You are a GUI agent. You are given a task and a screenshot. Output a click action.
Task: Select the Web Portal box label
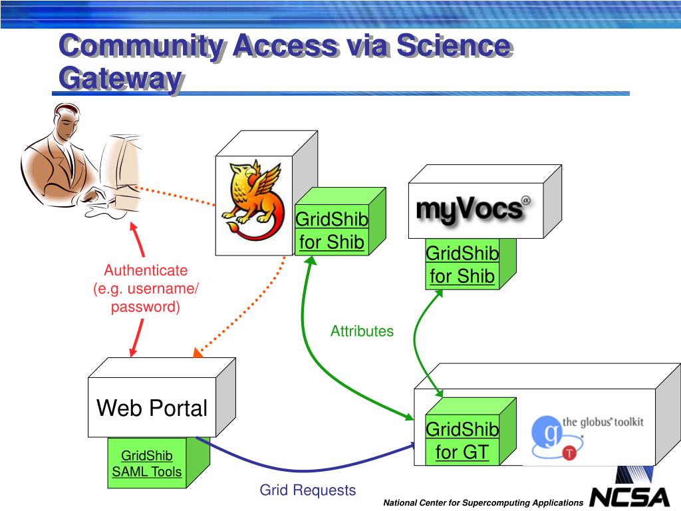[x=152, y=407]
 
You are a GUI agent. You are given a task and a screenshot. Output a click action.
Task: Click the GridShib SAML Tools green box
[x=147, y=464]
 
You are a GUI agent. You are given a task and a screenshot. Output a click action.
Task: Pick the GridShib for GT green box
[x=462, y=440]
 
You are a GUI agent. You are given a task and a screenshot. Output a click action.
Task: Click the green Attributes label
[x=362, y=331]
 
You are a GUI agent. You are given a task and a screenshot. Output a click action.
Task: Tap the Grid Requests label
[x=307, y=490]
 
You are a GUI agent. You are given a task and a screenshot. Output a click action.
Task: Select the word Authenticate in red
[x=146, y=270]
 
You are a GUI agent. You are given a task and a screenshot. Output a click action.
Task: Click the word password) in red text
[x=146, y=307]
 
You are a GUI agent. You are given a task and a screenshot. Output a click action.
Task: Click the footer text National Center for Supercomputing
[x=483, y=502]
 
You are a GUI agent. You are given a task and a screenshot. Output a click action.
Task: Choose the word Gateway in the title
[x=120, y=79]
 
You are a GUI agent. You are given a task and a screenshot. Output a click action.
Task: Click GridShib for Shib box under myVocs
[x=462, y=265]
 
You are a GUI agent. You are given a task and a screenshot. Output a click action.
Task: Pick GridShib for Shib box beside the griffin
[x=331, y=230]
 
